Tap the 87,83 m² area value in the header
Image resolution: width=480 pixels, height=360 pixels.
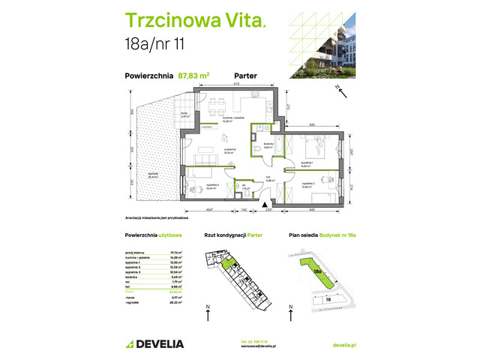193,74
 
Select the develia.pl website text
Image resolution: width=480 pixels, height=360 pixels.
343,344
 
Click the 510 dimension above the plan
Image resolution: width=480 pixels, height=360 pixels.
236,85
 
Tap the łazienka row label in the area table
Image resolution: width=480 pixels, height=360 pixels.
133,277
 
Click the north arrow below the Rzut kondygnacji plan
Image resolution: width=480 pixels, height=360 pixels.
207,309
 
